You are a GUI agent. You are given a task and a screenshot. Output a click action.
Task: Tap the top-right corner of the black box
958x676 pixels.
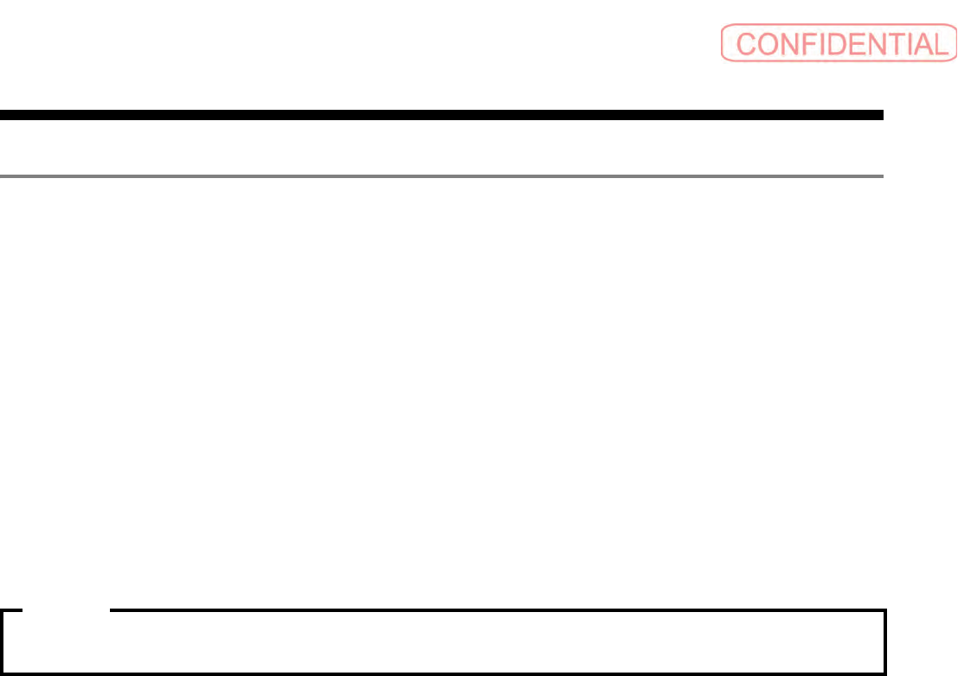coord(885,612)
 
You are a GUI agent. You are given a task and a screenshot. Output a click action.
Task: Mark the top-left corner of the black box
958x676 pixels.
coord(3,612)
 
